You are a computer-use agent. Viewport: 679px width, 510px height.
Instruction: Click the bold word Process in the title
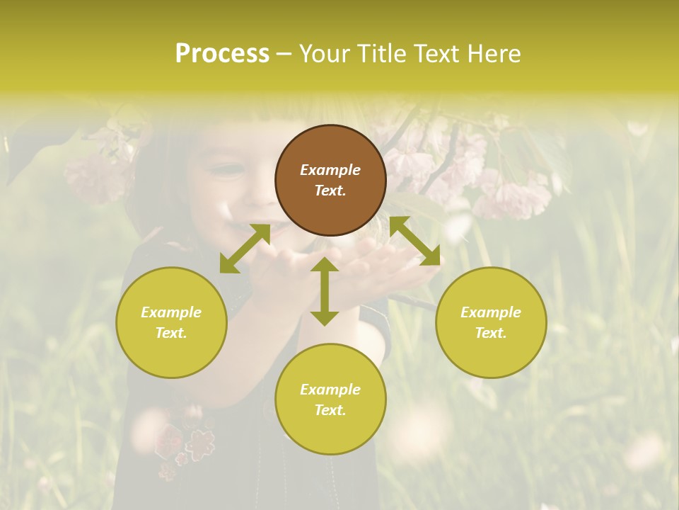(222, 53)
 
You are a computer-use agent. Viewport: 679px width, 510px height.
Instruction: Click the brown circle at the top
(330, 180)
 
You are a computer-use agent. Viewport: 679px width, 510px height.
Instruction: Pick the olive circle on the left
(171, 322)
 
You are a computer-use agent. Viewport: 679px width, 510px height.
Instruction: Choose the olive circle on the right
(491, 322)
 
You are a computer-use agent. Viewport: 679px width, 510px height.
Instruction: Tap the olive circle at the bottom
(330, 399)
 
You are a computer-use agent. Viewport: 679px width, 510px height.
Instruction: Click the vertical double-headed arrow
(325, 291)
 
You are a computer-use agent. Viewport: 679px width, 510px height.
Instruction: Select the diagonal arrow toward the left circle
(245, 249)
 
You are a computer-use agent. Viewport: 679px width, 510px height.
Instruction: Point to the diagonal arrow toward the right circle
(414, 241)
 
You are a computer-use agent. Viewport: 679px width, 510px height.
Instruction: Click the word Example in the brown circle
(330, 170)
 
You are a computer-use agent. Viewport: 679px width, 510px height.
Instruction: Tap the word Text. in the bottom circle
(330, 410)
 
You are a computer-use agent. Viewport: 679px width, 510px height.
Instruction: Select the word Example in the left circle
(171, 312)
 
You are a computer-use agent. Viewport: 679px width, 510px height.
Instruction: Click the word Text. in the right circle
(491, 333)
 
